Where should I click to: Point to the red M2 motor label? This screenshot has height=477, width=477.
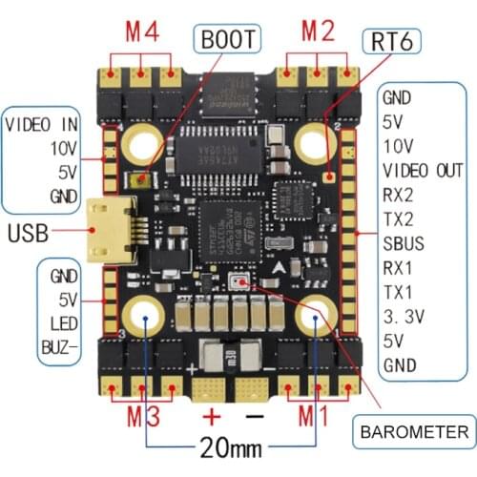click(320, 30)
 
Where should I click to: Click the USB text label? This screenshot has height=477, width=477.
click(30, 231)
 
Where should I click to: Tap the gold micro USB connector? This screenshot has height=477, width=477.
click(106, 230)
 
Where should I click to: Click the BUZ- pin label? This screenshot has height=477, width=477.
click(62, 345)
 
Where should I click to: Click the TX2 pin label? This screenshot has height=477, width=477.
click(398, 218)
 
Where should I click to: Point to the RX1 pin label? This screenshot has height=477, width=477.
click(398, 267)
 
